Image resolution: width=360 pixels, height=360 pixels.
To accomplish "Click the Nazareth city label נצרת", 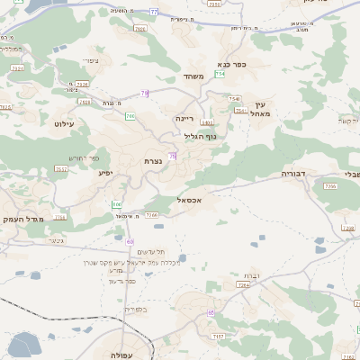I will (154, 160).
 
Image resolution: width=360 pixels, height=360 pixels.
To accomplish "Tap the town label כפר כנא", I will (231, 65).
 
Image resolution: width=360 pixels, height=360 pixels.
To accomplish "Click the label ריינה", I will (185, 117).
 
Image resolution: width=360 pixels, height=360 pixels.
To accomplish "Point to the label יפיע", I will (107, 171).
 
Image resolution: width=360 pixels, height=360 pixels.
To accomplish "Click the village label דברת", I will (251, 276).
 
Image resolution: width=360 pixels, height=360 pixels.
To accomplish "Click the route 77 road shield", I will (154, 12).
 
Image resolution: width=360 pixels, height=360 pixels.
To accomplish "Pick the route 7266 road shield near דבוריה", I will (330, 186).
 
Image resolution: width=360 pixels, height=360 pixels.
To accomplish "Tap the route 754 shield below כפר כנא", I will (220, 75).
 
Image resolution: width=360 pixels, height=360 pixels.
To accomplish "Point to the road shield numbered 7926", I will (83, 84).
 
